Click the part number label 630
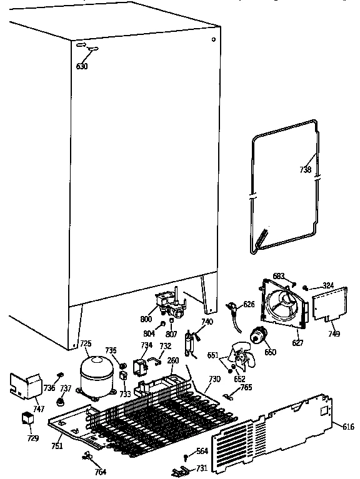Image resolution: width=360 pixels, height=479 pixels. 82,66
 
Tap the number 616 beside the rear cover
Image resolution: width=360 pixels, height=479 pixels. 348,427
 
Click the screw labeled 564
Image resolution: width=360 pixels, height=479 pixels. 186,458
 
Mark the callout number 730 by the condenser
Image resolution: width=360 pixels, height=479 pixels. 214,380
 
